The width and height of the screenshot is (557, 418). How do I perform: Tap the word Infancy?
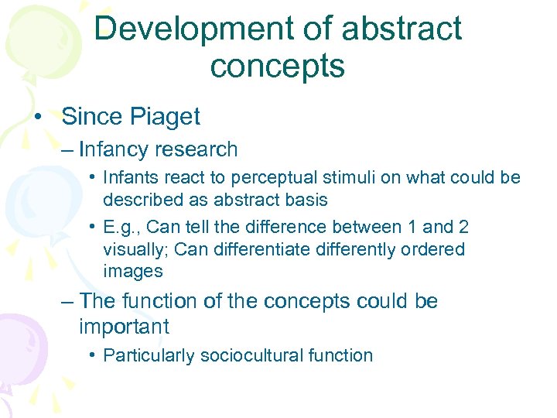[x=116, y=149]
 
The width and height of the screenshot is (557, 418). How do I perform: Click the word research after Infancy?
[x=198, y=149]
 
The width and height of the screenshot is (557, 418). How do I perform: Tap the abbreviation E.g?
[x=122, y=228]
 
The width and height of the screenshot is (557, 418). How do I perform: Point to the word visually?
[x=132, y=250]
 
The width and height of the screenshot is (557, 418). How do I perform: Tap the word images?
[x=132, y=272]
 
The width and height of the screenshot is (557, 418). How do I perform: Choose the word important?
[x=124, y=327]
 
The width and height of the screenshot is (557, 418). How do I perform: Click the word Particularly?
[x=149, y=356]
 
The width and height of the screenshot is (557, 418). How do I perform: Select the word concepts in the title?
[x=277, y=66]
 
